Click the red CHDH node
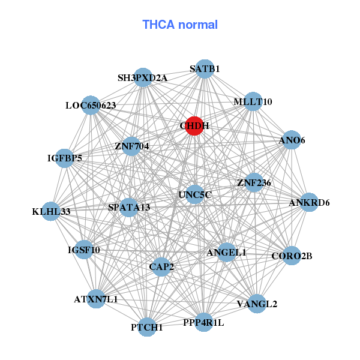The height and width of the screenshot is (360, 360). [x=194, y=126]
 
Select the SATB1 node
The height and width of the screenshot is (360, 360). [x=205, y=69]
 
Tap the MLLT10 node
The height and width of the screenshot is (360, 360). [x=253, y=102]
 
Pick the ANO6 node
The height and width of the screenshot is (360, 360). [x=292, y=140]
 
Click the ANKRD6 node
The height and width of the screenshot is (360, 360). [x=309, y=202]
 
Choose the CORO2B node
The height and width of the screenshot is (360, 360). [x=292, y=256]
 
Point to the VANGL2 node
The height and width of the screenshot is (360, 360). [x=257, y=304]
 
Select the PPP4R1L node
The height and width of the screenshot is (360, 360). [x=203, y=322]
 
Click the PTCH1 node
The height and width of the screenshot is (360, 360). [x=147, y=327]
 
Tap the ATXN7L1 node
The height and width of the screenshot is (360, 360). [x=96, y=298]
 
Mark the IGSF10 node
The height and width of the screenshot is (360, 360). [x=84, y=250]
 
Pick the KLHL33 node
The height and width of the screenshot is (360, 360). [x=52, y=211]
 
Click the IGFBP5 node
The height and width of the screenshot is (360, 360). [x=65, y=158]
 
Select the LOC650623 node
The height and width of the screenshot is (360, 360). [x=91, y=106]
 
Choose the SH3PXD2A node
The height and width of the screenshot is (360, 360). [x=143, y=78]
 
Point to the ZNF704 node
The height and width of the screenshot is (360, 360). [x=132, y=146]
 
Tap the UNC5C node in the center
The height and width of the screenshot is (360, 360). [x=195, y=194]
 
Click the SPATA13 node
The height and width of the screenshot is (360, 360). [x=129, y=208]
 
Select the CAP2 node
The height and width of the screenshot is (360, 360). [x=161, y=266]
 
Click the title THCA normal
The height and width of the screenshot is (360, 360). [x=180, y=25]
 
